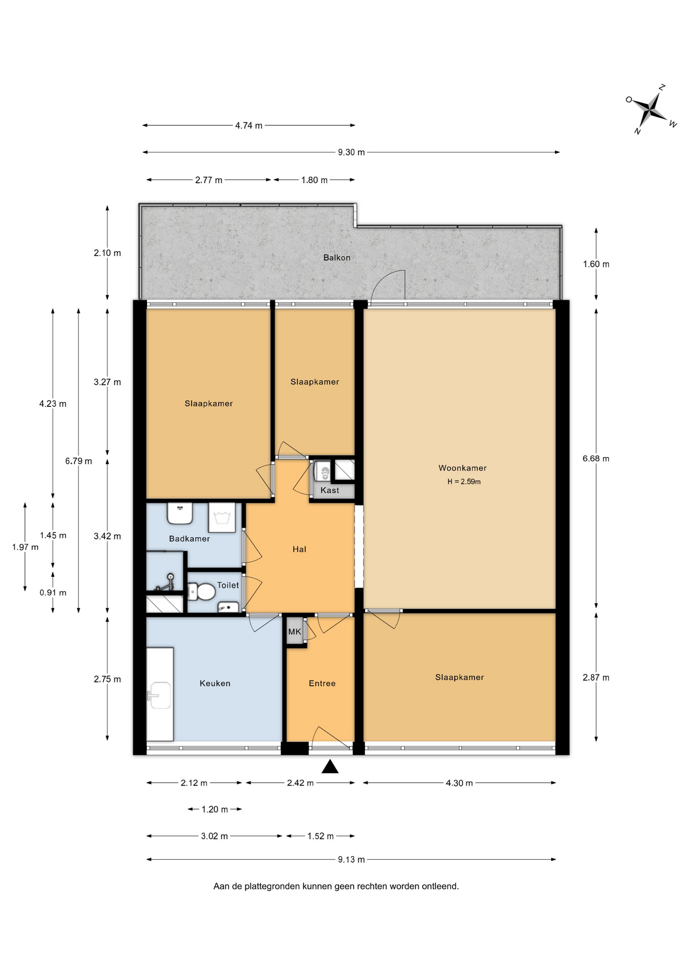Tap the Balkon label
337,257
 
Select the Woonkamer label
462,468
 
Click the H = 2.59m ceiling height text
464,481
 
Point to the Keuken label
215,683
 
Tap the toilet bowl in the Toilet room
201,592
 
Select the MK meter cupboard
295,632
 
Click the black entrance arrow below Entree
330,766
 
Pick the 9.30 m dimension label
351,152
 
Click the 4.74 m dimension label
248,125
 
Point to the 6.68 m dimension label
596,459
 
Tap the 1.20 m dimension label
214,809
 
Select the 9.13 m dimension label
351,859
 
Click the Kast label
330,490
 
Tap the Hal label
299,549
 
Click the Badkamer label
190,538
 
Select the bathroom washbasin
180,513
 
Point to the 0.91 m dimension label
53,593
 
